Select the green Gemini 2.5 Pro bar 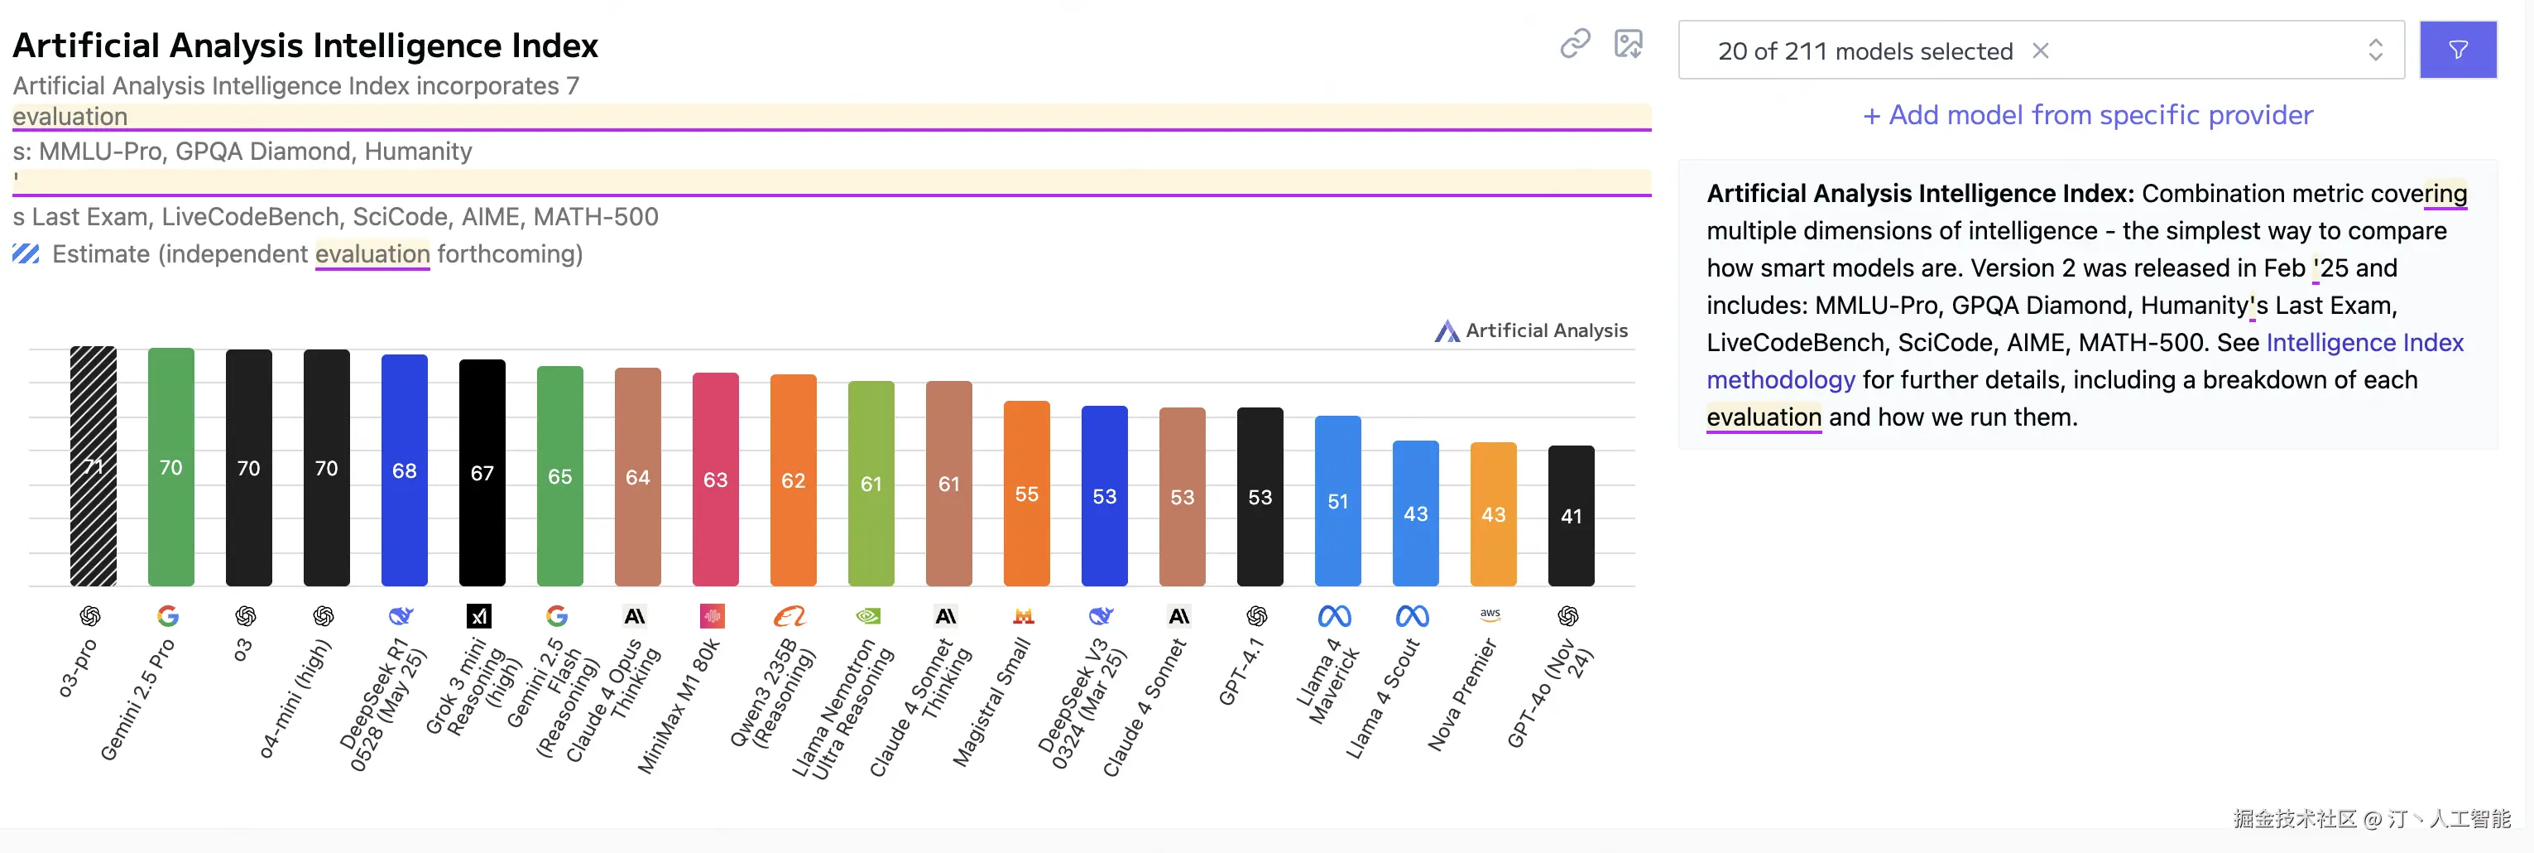pyautogui.click(x=171, y=466)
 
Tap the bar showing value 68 pyautogui.click(x=405, y=470)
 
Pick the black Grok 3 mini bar pyautogui.click(x=482, y=472)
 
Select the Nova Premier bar pyautogui.click(x=1493, y=513)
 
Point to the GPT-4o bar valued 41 pyautogui.click(x=1571, y=516)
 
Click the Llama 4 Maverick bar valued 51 pyautogui.click(x=1338, y=501)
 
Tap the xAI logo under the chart pyautogui.click(x=479, y=616)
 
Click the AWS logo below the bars pyautogui.click(x=1490, y=615)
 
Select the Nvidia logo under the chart pyautogui.click(x=869, y=616)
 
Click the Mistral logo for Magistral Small pyautogui.click(x=1024, y=616)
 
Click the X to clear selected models pyautogui.click(x=2041, y=51)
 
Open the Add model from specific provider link pyautogui.click(x=2087, y=115)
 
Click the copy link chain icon pyautogui.click(x=1575, y=43)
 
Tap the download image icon pyautogui.click(x=1629, y=43)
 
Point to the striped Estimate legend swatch pyautogui.click(x=26, y=254)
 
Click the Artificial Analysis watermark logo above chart pyautogui.click(x=1446, y=330)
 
